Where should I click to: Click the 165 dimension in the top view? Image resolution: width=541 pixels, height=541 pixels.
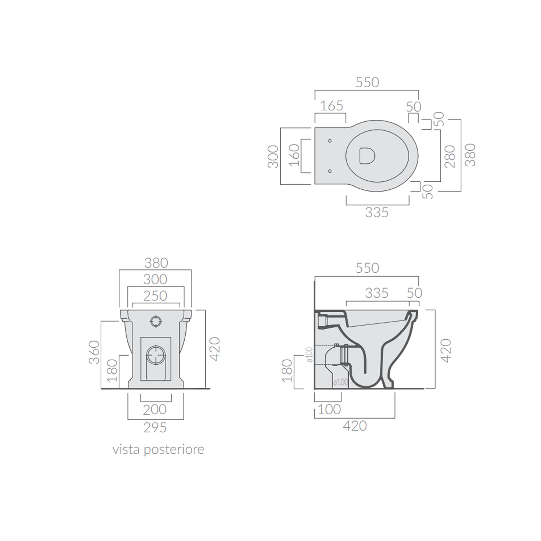331,106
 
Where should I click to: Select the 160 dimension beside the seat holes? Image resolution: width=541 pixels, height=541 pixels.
295,155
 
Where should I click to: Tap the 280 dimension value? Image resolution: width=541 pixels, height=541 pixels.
450,156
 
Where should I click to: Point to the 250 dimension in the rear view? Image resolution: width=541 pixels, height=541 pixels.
155,296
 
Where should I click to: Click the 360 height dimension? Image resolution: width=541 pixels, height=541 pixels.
94,352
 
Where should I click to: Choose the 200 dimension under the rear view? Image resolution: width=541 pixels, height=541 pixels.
155,410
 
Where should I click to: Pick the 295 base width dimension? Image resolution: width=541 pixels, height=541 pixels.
155,428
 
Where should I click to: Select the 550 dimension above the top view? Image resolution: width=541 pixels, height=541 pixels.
367,83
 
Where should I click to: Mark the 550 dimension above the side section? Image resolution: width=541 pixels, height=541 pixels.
367,268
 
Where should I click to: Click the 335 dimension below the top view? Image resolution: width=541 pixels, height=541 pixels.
377,212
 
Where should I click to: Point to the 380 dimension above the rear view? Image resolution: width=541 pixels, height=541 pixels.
156,263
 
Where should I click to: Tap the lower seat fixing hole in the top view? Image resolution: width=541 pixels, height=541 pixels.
330,171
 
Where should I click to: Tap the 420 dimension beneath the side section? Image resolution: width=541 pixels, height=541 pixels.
355,426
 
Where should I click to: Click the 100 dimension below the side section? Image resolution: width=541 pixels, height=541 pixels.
329,410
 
